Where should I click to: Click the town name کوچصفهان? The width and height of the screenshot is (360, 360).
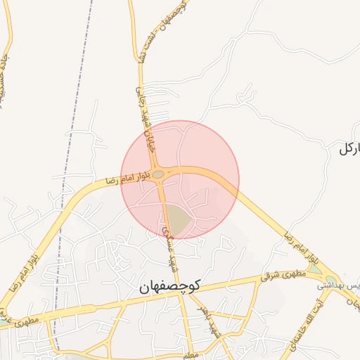coord(169,285)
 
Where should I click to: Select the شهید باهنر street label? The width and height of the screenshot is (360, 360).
coord(200,320)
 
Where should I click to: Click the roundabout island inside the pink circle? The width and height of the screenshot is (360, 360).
coord(159,174)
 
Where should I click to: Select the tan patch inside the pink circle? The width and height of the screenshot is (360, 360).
coord(179,219)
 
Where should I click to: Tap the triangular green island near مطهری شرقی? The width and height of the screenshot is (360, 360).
coord(314,268)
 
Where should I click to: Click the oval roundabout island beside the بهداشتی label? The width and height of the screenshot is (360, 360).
coord(331,279)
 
